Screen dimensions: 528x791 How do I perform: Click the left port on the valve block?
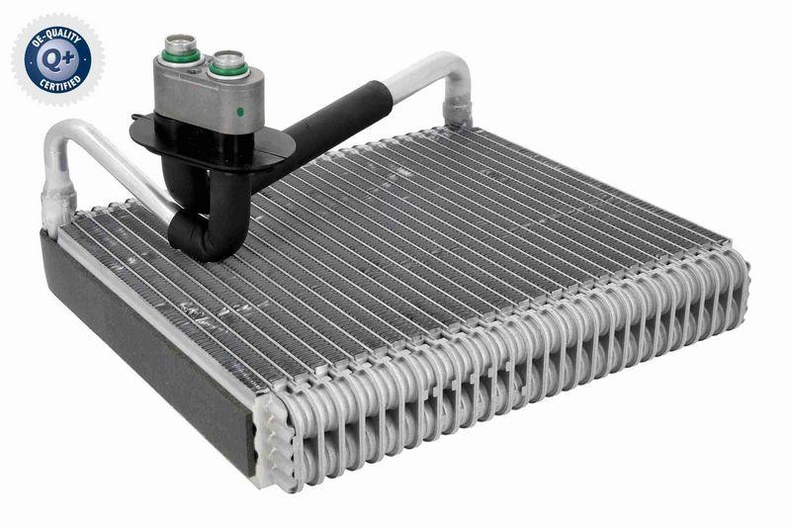click(x=181, y=49)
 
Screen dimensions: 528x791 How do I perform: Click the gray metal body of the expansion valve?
click(x=198, y=94)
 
